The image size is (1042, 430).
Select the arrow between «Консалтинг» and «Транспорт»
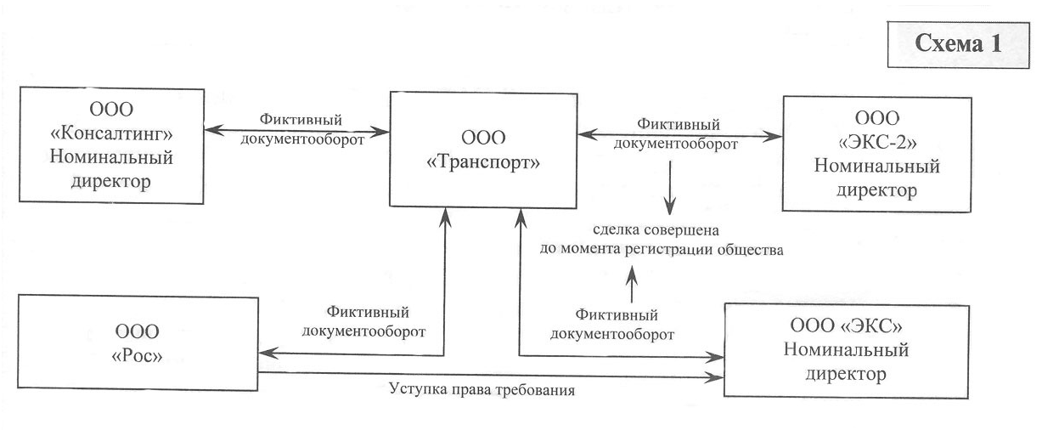pyautogui.click(x=297, y=132)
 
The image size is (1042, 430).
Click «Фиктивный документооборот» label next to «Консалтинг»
pyautogui.click(x=297, y=130)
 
